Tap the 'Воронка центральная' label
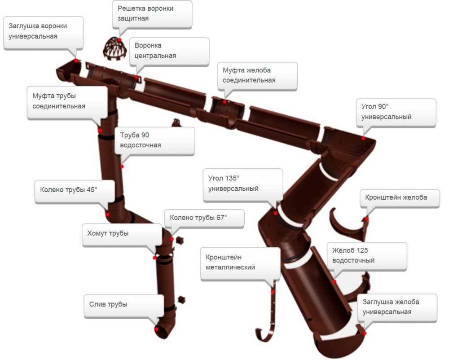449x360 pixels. pyautogui.click(x=168, y=51)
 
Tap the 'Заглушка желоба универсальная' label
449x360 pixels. pyautogui.click(x=396, y=307)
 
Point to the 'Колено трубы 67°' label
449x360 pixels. pyautogui.click(x=203, y=218)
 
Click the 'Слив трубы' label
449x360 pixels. pyautogui.click(x=122, y=305)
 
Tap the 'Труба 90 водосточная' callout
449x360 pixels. pyautogui.click(x=154, y=140)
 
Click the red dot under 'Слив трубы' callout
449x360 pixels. pyautogui.click(x=157, y=329)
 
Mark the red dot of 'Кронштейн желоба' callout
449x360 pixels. pyautogui.click(x=366, y=219)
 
